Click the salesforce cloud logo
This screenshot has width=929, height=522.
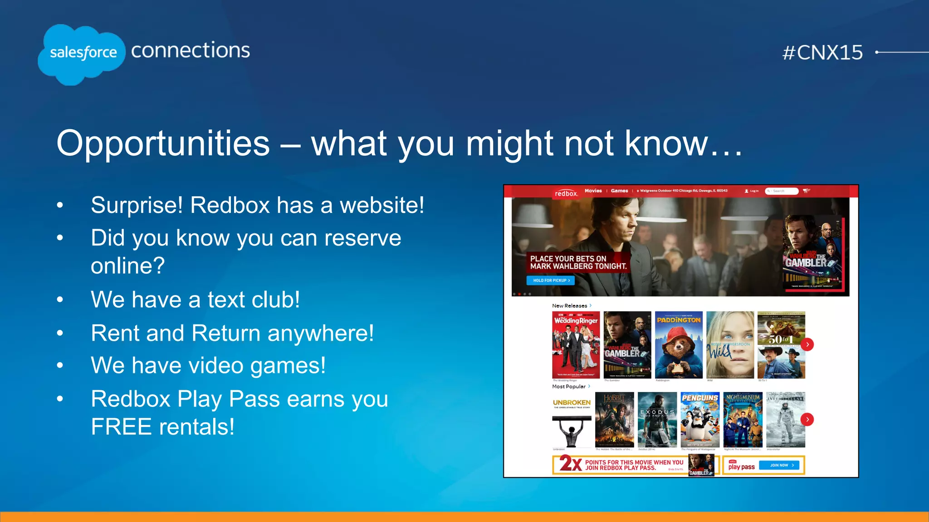point(82,53)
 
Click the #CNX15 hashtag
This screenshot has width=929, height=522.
point(822,53)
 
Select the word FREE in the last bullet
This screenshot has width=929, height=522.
point(121,427)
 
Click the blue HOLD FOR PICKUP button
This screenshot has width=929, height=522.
point(551,280)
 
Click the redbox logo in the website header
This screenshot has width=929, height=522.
point(566,193)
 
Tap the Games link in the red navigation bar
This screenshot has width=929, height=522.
point(619,191)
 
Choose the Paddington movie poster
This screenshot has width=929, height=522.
point(679,345)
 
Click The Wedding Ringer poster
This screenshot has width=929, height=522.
point(576,345)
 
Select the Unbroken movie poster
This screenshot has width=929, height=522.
point(572,420)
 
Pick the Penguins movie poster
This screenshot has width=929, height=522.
point(700,420)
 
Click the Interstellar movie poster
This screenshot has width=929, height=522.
point(785,420)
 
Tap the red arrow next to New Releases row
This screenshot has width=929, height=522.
point(807,344)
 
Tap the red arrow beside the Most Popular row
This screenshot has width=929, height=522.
point(807,419)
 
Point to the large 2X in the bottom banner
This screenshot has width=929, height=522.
point(570,464)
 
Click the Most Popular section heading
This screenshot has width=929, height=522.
point(569,387)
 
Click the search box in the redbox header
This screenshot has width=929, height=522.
point(782,191)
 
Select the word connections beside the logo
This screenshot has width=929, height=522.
point(191,50)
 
